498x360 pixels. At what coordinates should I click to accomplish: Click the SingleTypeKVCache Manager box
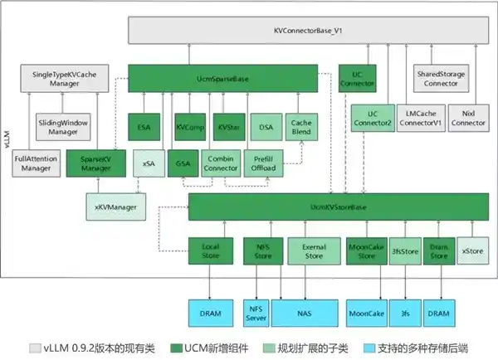pos(59,79)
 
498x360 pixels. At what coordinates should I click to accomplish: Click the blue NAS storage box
pos(310,314)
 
